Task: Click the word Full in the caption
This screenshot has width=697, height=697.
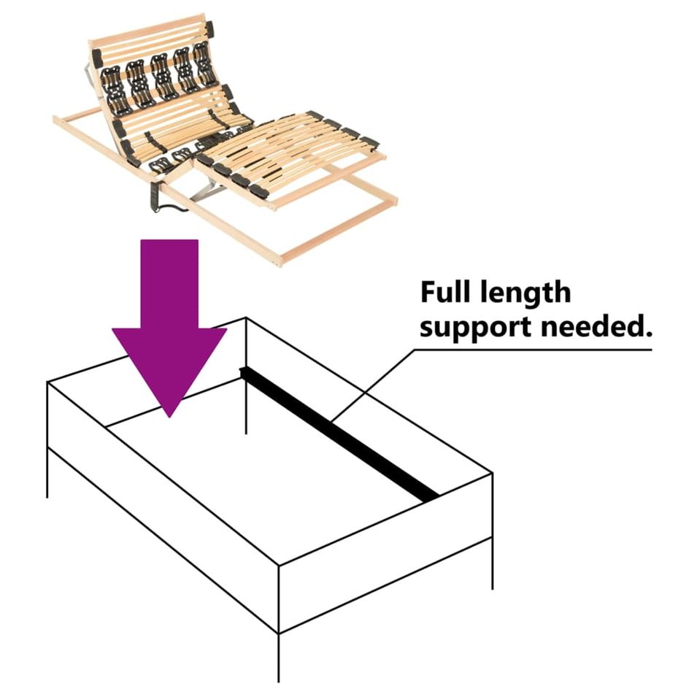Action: click(446, 292)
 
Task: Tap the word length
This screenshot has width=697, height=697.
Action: click(526, 292)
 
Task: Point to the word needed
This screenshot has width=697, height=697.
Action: click(597, 326)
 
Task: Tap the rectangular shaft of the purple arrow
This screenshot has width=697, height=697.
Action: click(169, 284)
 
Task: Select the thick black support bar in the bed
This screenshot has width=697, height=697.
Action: click(339, 433)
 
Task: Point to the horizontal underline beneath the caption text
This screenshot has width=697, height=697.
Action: click(533, 350)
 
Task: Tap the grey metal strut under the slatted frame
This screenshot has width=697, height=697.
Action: click(207, 190)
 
